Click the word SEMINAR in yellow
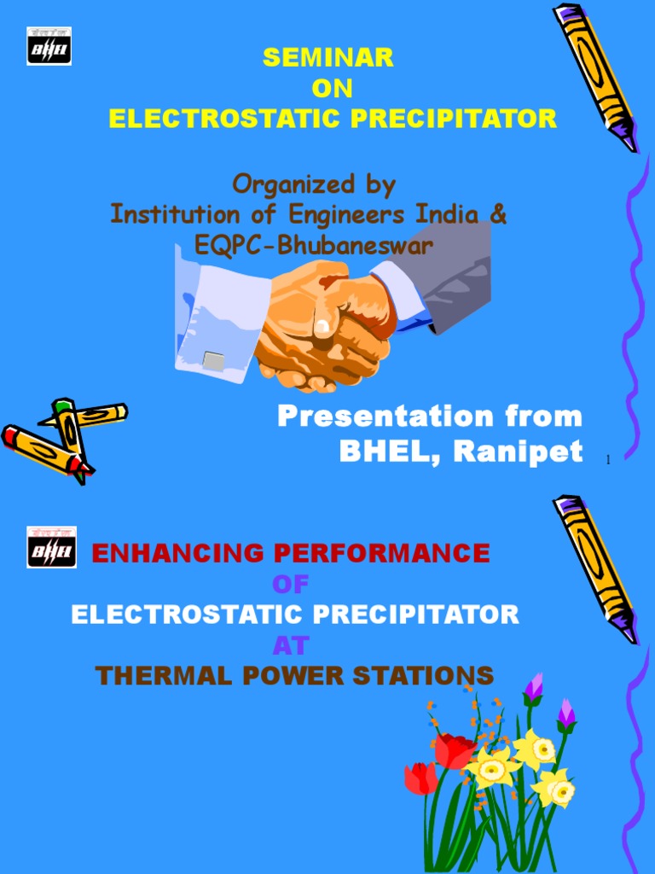[328, 58]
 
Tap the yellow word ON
[332, 89]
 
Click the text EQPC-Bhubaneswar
[314, 246]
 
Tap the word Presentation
[374, 417]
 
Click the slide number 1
[608, 461]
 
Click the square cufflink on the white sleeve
[213, 361]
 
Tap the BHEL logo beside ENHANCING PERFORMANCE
[51, 547]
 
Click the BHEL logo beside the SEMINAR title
[49, 46]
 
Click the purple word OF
[290, 585]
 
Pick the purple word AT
[290, 645]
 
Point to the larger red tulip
[455, 750]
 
